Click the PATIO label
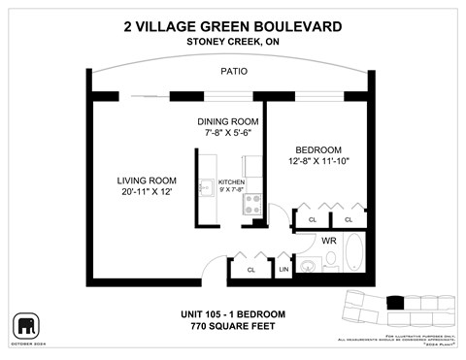click(233, 71)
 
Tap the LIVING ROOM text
click(147, 180)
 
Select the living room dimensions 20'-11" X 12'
click(147, 191)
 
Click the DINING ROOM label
click(225, 121)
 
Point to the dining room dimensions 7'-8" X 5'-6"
click(225, 133)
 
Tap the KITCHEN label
click(231, 181)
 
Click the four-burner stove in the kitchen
click(251, 204)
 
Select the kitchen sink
click(205, 188)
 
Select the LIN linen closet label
click(283, 269)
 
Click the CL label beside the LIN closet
click(250, 269)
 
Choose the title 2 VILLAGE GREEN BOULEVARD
click(233, 26)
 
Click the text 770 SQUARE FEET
click(233, 326)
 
